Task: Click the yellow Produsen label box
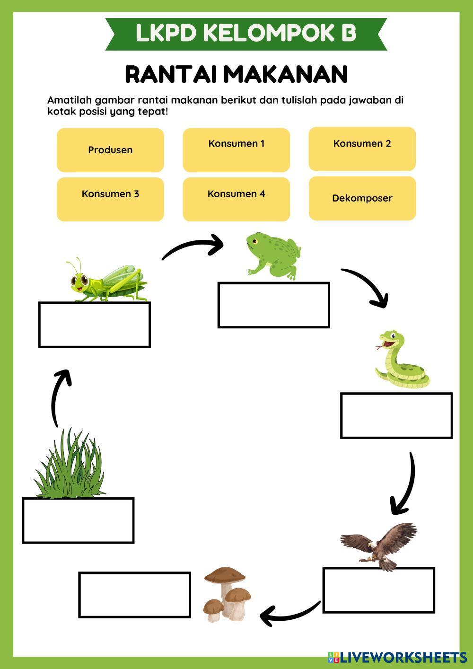click(110, 150)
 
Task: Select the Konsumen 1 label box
click(236, 150)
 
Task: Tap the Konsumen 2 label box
click(362, 149)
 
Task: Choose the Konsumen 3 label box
click(110, 199)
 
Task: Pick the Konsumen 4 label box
click(236, 199)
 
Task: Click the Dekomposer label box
click(362, 198)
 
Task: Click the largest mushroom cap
click(225, 575)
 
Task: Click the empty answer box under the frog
click(273, 305)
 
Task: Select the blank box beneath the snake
click(396, 415)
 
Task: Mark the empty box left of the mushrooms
click(134, 595)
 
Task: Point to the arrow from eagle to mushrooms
click(289, 613)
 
